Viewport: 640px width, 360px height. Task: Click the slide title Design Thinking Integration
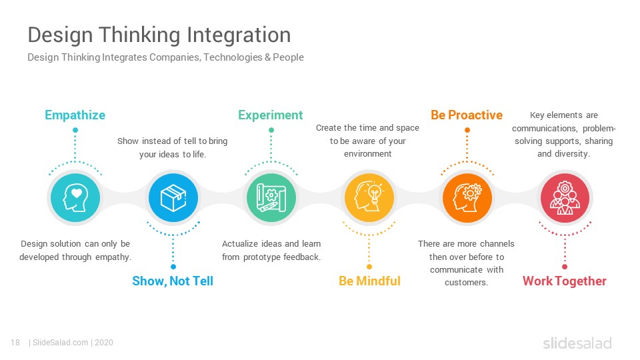coord(159,35)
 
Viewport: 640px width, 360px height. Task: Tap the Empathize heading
coord(75,115)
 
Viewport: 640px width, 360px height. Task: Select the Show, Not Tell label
coord(173,281)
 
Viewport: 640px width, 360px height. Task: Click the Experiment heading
coord(271,115)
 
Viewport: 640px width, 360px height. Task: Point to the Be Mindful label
coord(369,281)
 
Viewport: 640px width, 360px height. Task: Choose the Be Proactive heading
coord(467,115)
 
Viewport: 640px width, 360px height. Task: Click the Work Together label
coord(565,281)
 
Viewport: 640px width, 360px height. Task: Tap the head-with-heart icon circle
coord(75,197)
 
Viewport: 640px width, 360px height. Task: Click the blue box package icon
coord(173,197)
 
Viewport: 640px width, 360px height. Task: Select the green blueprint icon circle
coord(271,197)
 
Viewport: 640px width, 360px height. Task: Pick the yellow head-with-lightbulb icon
coord(369,197)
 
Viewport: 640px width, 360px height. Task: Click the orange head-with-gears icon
coord(467,197)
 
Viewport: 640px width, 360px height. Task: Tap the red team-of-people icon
coord(565,197)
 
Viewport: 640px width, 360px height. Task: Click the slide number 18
coord(15,343)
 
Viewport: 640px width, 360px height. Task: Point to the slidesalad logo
coord(577,343)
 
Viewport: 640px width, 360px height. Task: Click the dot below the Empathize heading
coord(75,130)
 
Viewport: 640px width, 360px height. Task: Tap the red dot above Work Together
coord(565,267)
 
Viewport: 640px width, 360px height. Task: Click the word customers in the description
coord(466,283)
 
